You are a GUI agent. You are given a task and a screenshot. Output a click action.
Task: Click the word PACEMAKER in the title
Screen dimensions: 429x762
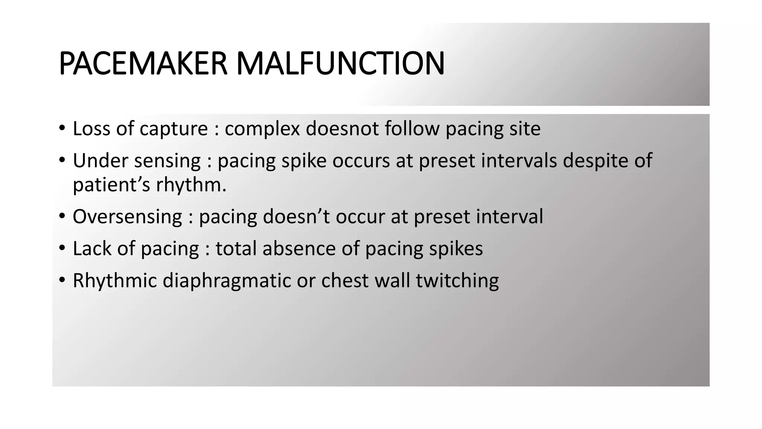click(143, 64)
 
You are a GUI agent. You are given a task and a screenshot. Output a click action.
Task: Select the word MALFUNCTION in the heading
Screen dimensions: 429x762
click(340, 64)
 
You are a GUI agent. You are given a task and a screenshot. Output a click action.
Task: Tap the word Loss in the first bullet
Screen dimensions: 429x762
click(92, 129)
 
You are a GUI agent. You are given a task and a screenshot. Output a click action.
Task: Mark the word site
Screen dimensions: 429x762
click(525, 129)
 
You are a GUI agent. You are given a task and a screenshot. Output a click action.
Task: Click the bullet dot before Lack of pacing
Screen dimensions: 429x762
click(63, 247)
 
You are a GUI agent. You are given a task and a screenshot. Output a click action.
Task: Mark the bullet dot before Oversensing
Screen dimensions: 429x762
click(63, 215)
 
